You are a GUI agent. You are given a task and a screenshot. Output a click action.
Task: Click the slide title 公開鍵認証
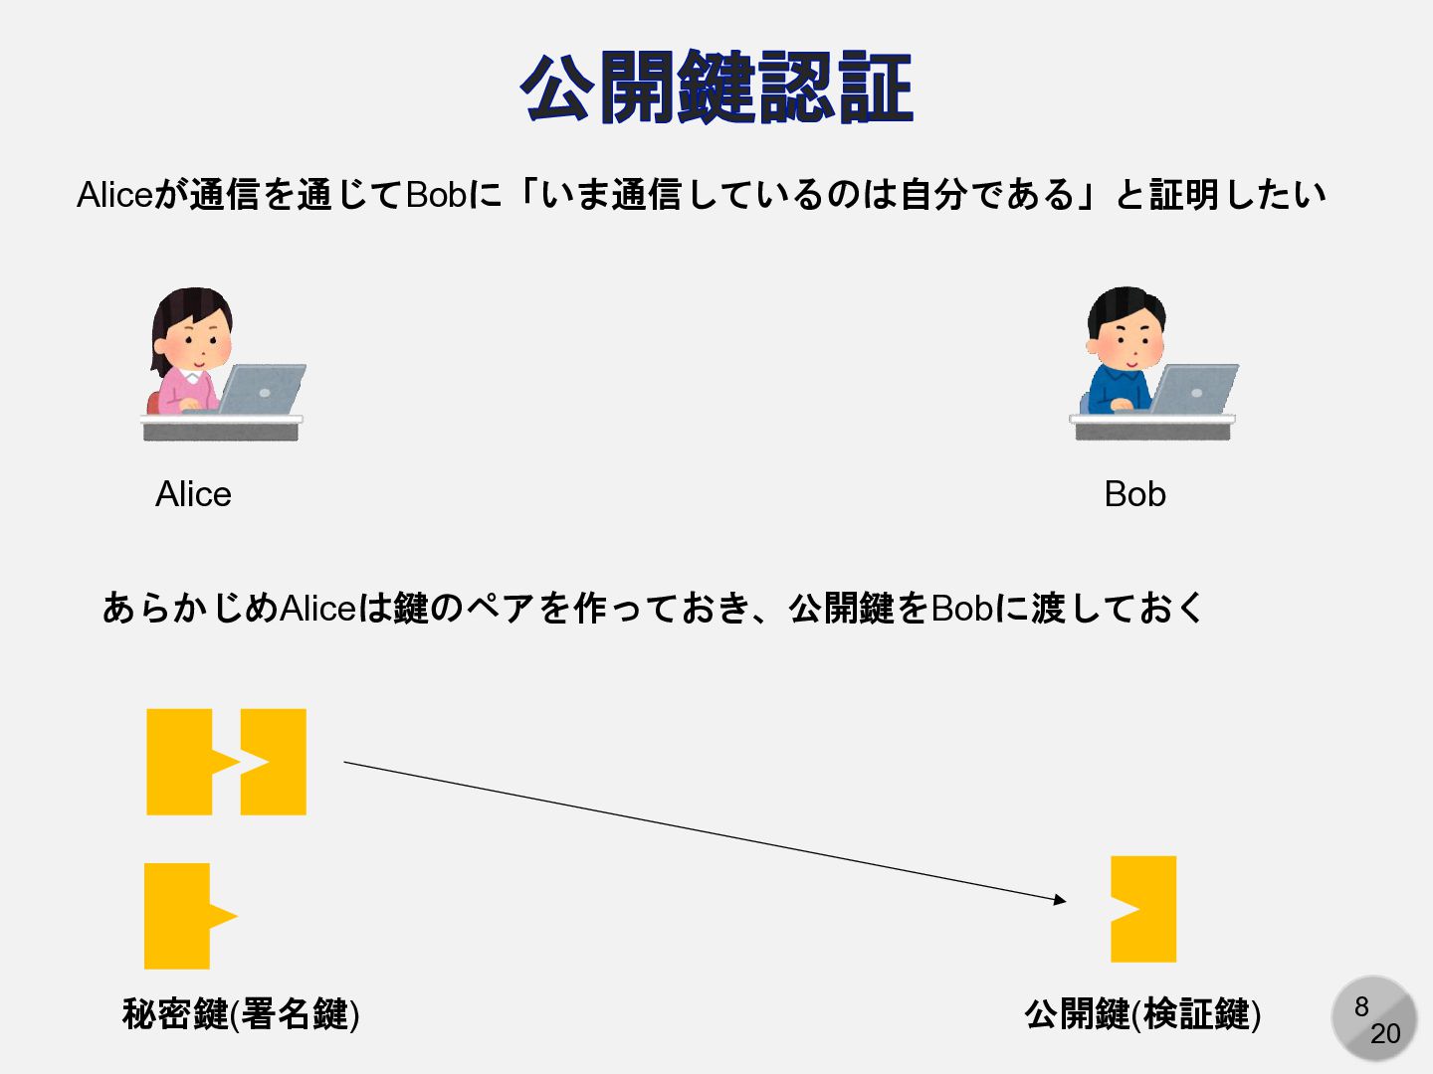716,89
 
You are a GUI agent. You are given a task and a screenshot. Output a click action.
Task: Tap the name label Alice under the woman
193,494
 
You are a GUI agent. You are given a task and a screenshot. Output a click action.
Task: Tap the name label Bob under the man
1134,494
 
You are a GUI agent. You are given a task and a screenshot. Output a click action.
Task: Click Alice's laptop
261,390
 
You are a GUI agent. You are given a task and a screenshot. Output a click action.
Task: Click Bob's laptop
1192,390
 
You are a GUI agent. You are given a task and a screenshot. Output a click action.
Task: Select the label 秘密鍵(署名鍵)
241,1014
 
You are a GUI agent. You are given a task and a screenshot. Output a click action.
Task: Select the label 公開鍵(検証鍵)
1142,1014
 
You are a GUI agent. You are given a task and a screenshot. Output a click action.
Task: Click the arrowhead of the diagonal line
1061,900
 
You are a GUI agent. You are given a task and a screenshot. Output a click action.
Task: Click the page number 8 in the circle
1361,1006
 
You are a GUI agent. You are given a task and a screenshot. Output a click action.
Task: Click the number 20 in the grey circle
1385,1034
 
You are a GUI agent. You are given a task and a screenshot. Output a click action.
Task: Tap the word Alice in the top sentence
114,195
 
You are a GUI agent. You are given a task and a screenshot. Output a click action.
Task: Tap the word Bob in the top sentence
436,195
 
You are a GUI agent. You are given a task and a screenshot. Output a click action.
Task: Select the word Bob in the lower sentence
961,608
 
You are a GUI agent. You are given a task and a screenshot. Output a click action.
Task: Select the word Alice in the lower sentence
318,608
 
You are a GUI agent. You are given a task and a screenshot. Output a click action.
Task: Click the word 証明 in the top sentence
1184,195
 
